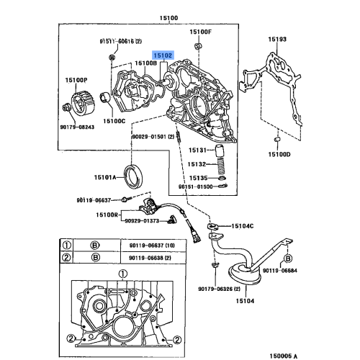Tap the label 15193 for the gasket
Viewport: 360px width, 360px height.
coord(278,38)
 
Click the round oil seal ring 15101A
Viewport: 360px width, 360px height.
coord(132,176)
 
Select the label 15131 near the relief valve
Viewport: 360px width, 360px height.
coord(197,150)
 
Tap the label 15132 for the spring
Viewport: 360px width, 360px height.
coord(197,164)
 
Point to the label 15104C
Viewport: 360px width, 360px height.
coord(242,226)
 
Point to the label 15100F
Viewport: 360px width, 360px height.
coord(200,33)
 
